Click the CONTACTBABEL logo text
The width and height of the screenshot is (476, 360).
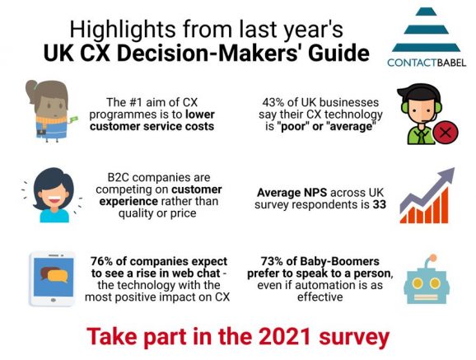[427, 63]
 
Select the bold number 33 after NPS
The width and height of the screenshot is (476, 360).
[379, 204]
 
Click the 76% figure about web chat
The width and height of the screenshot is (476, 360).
[101, 261]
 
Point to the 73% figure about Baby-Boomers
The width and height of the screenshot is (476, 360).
[272, 261]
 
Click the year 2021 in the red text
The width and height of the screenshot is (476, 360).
[285, 337]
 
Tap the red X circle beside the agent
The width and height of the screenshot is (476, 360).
[446, 133]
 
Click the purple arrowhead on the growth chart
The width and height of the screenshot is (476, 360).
[446, 175]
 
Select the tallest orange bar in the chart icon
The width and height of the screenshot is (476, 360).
[444, 205]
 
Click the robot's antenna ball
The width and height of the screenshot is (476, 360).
[433, 258]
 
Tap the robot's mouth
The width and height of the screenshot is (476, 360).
[426, 297]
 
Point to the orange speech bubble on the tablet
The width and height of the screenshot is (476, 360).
[58, 276]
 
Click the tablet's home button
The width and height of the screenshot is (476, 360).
[54, 300]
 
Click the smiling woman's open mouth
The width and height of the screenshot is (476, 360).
[54, 200]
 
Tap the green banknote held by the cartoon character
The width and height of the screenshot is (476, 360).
[73, 119]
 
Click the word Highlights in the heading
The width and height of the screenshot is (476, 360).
[123, 30]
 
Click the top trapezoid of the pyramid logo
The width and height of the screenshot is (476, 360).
[426, 12]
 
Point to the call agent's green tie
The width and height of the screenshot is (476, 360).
[422, 137]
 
